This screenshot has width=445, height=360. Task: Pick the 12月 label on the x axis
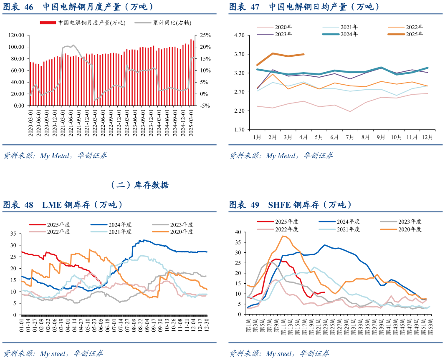[427, 136]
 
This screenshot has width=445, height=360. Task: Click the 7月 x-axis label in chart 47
[350, 136]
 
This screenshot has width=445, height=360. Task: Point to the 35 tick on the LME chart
[13, 234]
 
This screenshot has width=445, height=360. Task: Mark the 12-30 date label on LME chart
[206, 325]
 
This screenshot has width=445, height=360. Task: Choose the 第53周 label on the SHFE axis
[430, 327]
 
